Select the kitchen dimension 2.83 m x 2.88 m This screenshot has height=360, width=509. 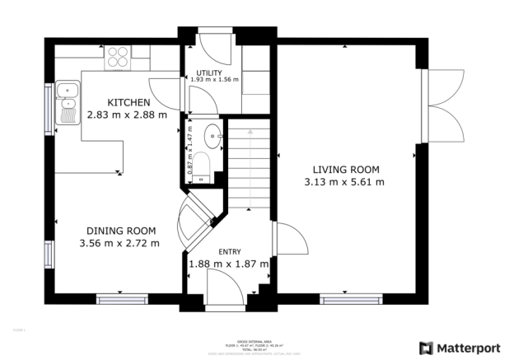click(126, 115)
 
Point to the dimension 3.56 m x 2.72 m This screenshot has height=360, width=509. click(119, 244)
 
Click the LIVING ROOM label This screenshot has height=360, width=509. click(344, 169)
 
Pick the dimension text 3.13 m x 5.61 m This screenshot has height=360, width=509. click(344, 182)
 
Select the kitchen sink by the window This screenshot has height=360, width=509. click(66, 99)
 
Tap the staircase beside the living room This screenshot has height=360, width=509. click(250, 165)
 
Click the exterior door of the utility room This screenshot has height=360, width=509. click(212, 40)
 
